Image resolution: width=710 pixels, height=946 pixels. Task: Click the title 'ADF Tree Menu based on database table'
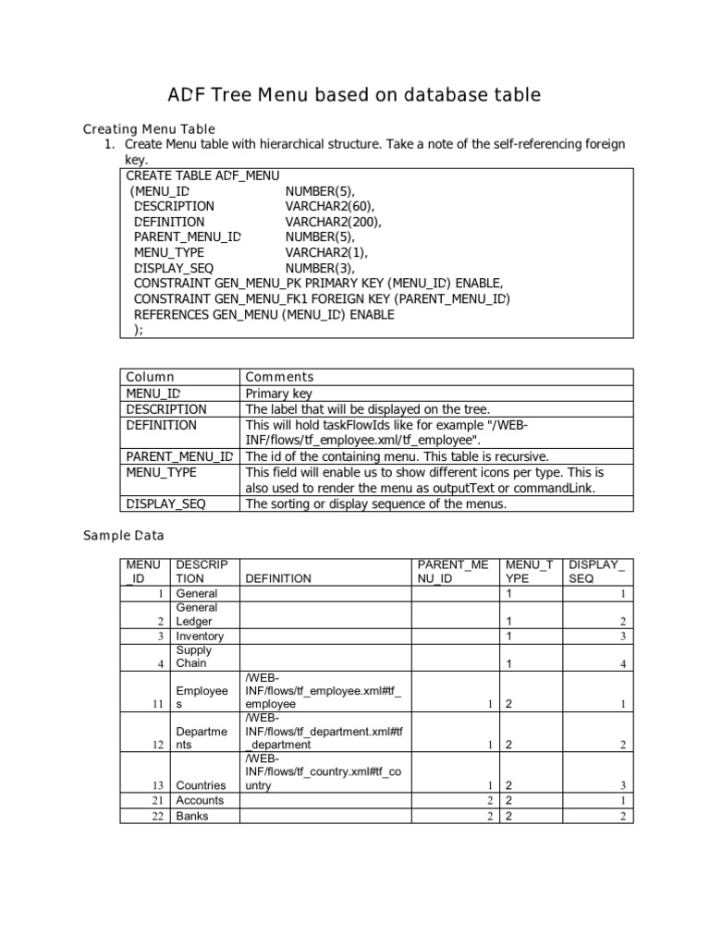[x=354, y=94]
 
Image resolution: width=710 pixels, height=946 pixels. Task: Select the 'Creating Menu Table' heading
[x=149, y=128]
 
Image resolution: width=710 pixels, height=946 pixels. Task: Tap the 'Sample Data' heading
[x=124, y=535]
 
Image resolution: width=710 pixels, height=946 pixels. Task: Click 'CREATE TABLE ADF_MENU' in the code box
[x=202, y=175]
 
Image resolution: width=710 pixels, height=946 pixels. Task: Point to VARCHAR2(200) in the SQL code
[x=333, y=222]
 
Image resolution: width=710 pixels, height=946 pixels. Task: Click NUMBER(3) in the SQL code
[x=320, y=268]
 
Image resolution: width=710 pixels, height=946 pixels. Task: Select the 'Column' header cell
[x=150, y=377]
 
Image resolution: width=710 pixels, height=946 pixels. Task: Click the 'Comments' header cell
[x=279, y=377]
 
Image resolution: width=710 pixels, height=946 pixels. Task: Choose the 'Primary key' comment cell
[x=279, y=394]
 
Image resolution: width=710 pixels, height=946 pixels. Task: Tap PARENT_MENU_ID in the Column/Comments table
[x=179, y=456]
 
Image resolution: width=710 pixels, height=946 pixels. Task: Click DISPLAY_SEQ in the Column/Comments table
[x=166, y=503]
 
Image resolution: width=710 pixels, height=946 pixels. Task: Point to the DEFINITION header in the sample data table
[x=278, y=578]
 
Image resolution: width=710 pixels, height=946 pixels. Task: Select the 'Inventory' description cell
[x=199, y=637]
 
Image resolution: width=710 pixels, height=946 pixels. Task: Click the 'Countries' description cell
[x=201, y=785]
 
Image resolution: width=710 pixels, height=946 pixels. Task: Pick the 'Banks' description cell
[x=192, y=816]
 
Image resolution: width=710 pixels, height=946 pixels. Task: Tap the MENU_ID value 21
[x=157, y=801]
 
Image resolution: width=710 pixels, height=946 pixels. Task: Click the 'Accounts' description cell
[x=200, y=800]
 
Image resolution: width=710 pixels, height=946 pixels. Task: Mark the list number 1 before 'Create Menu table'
[x=109, y=144]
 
